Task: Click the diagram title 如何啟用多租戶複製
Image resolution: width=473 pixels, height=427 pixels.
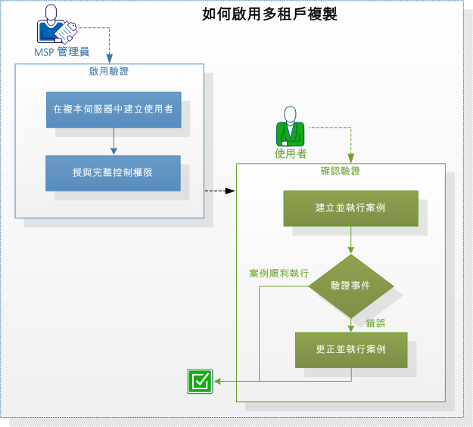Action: pos(269,14)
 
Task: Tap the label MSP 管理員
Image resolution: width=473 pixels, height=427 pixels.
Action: pos(62,52)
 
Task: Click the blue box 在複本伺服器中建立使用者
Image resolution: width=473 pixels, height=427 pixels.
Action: pos(113,109)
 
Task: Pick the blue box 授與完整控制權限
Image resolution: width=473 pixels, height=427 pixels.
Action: pos(113,173)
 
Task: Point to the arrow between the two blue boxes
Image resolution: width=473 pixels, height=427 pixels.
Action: pos(113,141)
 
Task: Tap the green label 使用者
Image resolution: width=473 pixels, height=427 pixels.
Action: pos(290,153)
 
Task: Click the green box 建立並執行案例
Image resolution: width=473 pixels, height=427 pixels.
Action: pos(350,208)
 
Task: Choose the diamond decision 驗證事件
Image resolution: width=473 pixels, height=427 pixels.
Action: pos(350,286)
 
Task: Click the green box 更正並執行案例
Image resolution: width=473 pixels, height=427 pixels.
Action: pos(350,350)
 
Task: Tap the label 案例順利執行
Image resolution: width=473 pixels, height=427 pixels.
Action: pos(279,273)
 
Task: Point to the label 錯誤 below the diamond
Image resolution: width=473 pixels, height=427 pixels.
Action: pos(375,323)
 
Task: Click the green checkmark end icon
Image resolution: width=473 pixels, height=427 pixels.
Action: pos(200,381)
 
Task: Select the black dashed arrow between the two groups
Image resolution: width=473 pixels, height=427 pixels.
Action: pos(220,190)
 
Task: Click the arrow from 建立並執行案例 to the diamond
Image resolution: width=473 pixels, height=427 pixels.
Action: pos(350,240)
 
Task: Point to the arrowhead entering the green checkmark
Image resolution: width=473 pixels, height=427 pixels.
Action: pos(217,381)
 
